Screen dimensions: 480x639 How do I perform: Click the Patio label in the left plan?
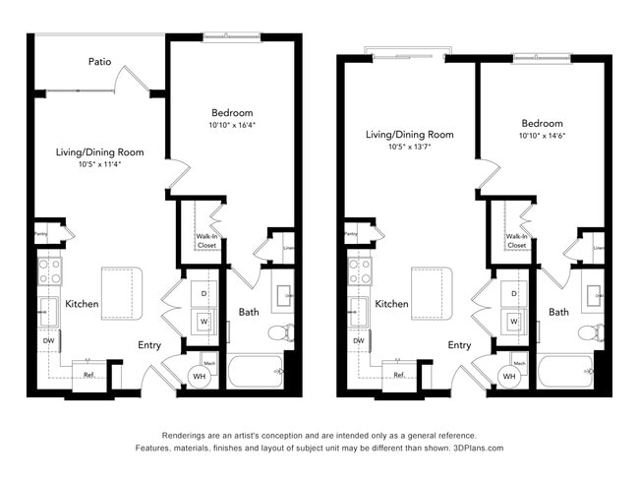point(99,62)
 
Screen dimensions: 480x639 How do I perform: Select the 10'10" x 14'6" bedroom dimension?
point(542,136)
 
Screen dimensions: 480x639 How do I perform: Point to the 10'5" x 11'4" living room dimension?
point(99,164)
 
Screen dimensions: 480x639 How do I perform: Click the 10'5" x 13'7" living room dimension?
point(409,147)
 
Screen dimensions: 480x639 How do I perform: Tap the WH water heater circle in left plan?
point(199,376)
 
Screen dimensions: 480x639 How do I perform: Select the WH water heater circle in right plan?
point(509,376)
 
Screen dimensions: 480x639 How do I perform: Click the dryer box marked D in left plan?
point(204,293)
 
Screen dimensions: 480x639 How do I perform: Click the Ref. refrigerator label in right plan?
point(399,375)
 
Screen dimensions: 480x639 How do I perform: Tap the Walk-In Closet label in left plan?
point(205,241)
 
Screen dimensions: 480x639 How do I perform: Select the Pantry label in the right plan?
point(351,234)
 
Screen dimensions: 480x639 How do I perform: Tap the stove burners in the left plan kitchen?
point(48,270)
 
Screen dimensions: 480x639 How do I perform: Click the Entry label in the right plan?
point(459,345)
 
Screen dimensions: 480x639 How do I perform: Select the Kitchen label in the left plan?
point(82,304)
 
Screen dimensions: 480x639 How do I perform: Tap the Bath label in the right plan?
point(558,312)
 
